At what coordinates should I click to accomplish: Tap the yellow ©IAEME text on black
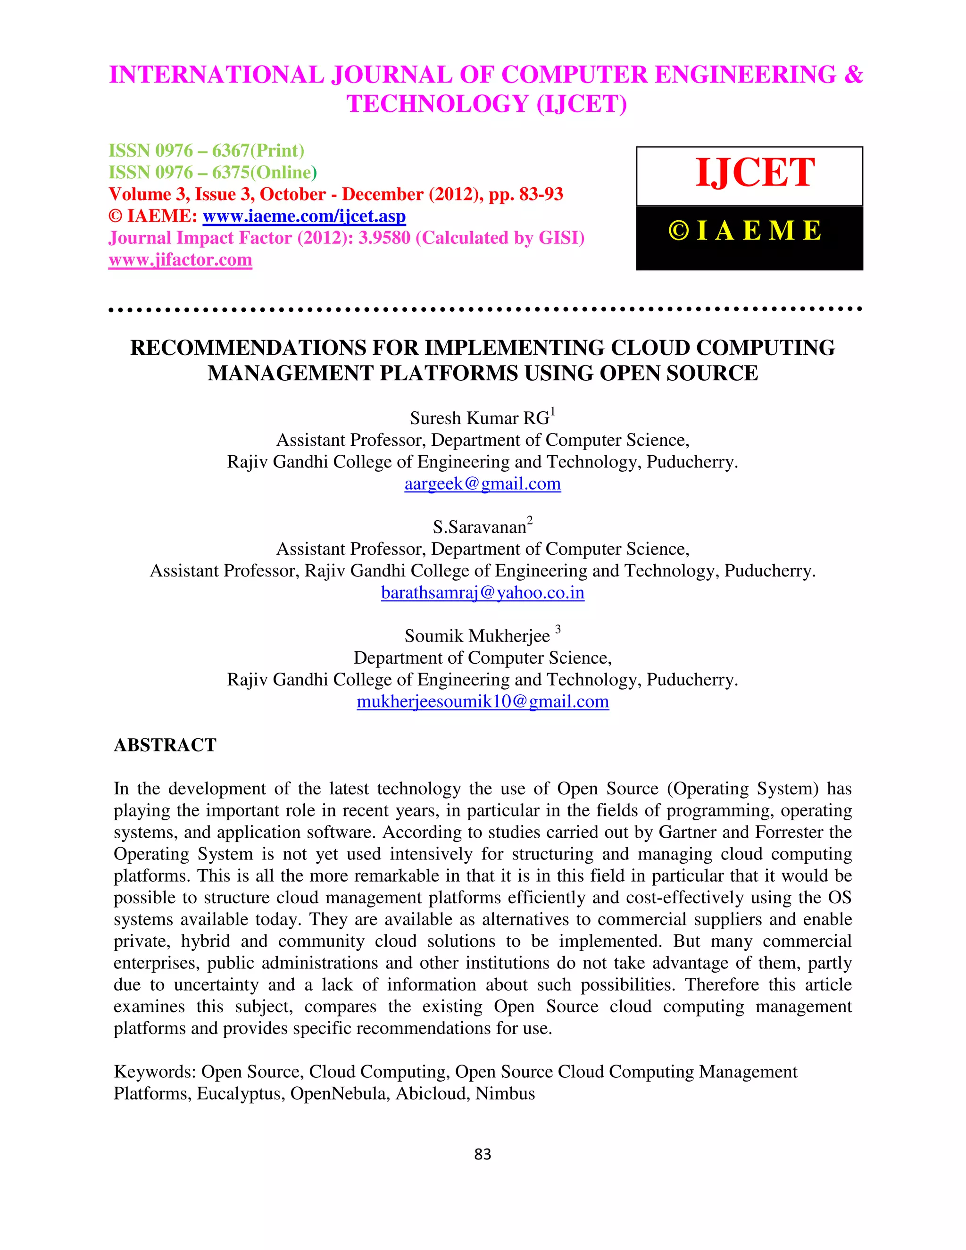click(745, 231)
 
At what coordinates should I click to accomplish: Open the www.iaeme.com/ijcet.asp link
click(304, 217)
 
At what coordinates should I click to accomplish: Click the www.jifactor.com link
click(180, 260)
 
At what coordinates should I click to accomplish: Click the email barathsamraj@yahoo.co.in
click(483, 592)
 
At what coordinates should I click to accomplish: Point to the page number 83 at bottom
click(483, 1154)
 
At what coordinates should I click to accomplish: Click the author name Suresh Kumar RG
click(479, 418)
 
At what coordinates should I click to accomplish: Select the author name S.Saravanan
click(479, 527)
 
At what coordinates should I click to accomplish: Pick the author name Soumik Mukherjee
click(477, 636)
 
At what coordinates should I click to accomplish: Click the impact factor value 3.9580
click(384, 238)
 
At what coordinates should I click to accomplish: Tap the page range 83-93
click(541, 195)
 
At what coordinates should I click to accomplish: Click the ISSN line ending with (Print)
click(206, 150)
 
